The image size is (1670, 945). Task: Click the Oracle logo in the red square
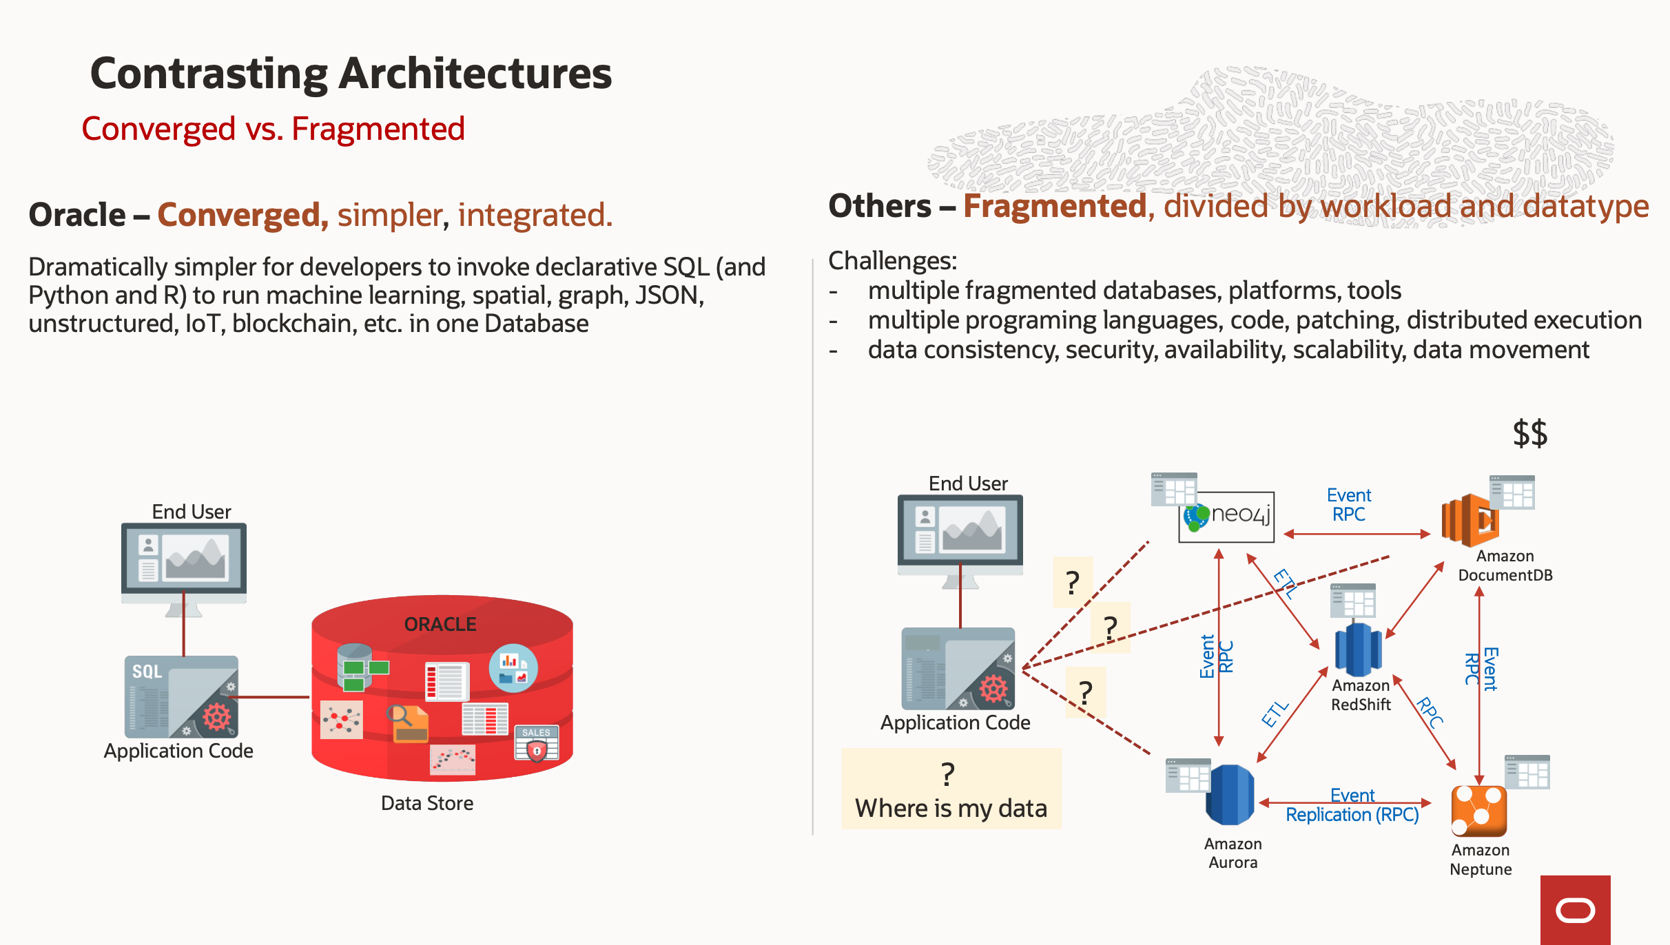click(x=1575, y=910)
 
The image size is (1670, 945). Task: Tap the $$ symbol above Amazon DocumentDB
click(x=1529, y=433)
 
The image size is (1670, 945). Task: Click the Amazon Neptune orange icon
click(x=1478, y=811)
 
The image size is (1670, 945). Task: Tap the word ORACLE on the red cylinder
click(x=440, y=624)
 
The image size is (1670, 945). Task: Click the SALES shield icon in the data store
click(x=536, y=745)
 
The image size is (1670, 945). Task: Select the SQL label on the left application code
click(x=147, y=672)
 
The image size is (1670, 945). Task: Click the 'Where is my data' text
click(x=951, y=808)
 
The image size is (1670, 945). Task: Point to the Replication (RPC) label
click(x=1352, y=815)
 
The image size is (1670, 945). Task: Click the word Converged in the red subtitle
click(x=158, y=129)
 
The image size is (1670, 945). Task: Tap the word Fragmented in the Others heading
click(x=1055, y=206)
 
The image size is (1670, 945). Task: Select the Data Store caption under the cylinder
click(x=426, y=803)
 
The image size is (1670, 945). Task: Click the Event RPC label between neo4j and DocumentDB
click(x=1348, y=505)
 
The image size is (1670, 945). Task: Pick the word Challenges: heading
click(x=892, y=261)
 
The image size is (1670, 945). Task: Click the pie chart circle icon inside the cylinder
click(x=513, y=667)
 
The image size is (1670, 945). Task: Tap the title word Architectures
click(x=475, y=74)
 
